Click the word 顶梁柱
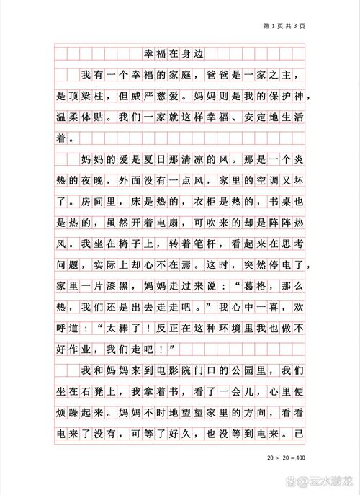click(96, 96)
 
